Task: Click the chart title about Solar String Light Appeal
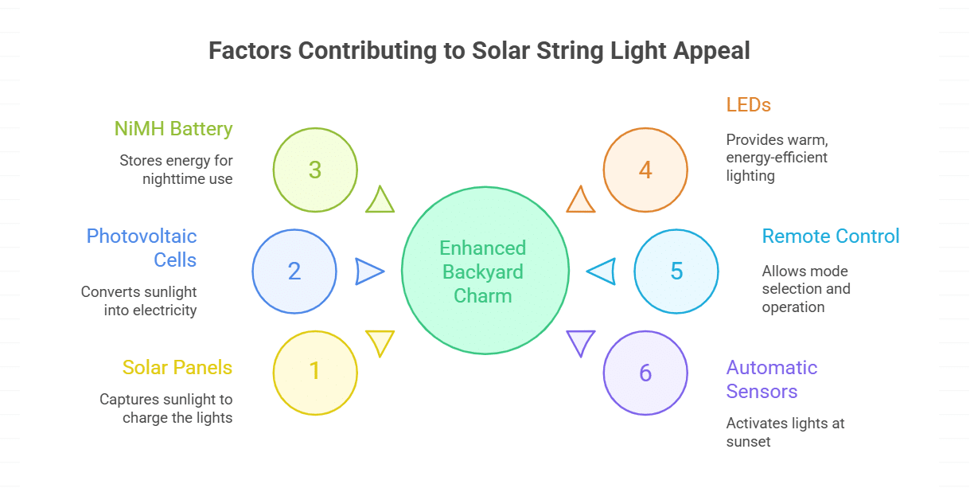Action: click(x=479, y=51)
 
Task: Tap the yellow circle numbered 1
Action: click(x=315, y=372)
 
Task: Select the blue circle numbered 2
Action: click(x=294, y=271)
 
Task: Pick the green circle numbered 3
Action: click(x=315, y=170)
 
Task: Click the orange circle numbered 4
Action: click(x=645, y=170)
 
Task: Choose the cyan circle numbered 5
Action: click(x=676, y=271)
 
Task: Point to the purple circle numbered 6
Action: click(x=645, y=373)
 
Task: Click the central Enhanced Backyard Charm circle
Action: click(x=485, y=271)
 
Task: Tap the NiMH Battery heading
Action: click(x=173, y=129)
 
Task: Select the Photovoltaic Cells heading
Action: click(x=142, y=248)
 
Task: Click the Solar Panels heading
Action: click(x=177, y=368)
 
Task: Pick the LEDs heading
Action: click(x=749, y=105)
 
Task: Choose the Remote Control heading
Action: click(x=831, y=236)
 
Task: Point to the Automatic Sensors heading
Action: click(x=772, y=380)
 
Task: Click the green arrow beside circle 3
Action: click(x=380, y=201)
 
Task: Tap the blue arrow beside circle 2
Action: click(x=368, y=271)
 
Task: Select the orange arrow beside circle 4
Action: click(x=580, y=201)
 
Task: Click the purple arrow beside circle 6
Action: click(x=580, y=342)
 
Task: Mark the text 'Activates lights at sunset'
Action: click(x=785, y=432)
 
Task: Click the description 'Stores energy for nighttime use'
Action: click(x=176, y=170)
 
